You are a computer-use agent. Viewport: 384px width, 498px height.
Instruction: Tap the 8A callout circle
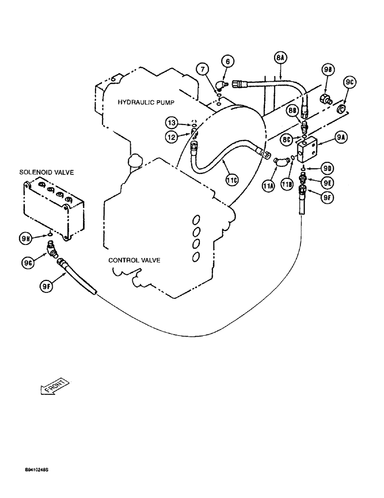280,58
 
